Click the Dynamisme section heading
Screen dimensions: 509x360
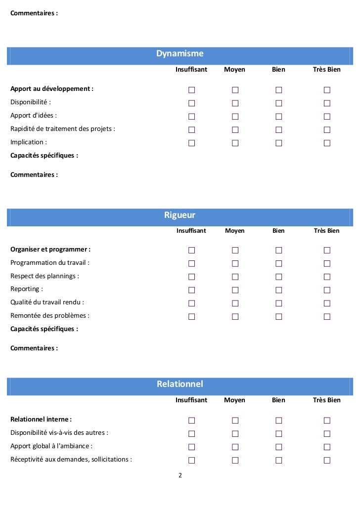(x=180, y=54)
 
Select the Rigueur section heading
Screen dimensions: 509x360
(x=180, y=215)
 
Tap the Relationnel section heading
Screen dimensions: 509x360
(x=180, y=384)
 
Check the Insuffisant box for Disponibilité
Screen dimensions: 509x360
(x=191, y=103)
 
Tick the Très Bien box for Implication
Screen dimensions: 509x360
(x=327, y=143)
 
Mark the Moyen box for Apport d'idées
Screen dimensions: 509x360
(x=235, y=117)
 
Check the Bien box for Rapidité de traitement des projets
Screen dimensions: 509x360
(x=278, y=130)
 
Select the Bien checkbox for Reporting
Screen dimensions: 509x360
(x=278, y=290)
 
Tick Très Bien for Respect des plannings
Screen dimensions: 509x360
(x=327, y=277)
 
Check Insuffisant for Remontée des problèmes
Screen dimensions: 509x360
(x=191, y=317)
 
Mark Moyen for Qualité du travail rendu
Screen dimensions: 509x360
(x=235, y=303)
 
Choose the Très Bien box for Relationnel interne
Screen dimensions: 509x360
(x=327, y=421)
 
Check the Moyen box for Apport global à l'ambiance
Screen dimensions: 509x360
(x=235, y=447)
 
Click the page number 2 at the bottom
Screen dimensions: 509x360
(x=180, y=475)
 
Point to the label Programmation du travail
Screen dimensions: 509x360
(x=50, y=263)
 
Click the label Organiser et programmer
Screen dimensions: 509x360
(x=50, y=250)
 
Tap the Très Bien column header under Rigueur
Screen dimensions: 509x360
(x=327, y=231)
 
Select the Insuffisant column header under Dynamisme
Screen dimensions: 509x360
(x=191, y=70)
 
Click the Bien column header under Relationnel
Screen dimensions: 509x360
(x=278, y=400)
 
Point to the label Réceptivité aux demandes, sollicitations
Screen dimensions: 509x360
(x=71, y=460)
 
